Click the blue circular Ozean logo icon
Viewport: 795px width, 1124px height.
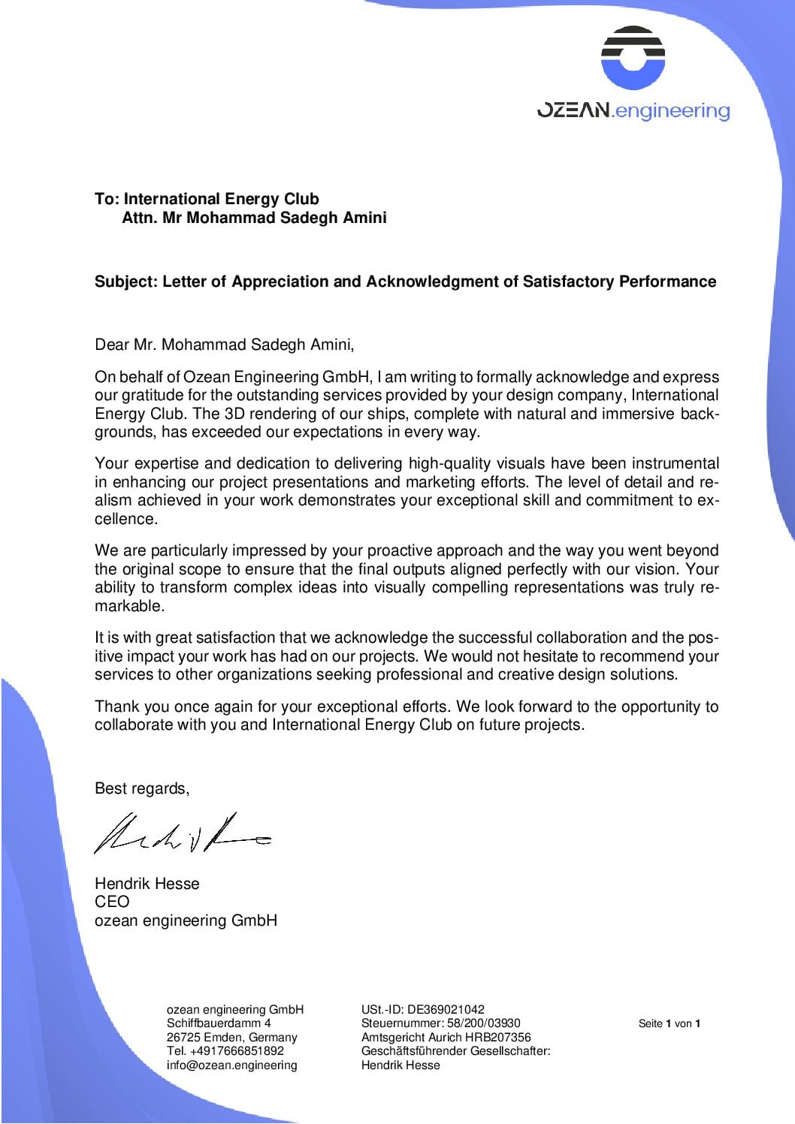[633, 59]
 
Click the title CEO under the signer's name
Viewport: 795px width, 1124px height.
[112, 902]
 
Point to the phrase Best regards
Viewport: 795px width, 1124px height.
[141, 788]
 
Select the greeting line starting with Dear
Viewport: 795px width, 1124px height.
[224, 345]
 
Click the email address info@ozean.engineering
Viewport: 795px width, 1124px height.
[231, 1065]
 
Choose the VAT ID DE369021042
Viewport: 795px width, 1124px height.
[446, 1009]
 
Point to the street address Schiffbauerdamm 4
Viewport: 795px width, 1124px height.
[219, 1023]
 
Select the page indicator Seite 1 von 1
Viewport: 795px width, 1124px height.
[669, 1023]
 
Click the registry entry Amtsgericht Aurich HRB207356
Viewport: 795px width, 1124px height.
[446, 1037]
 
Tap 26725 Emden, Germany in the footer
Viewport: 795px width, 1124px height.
[231, 1037]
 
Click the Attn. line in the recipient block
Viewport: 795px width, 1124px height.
[254, 218]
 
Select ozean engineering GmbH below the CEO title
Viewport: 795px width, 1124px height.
[186, 921]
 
